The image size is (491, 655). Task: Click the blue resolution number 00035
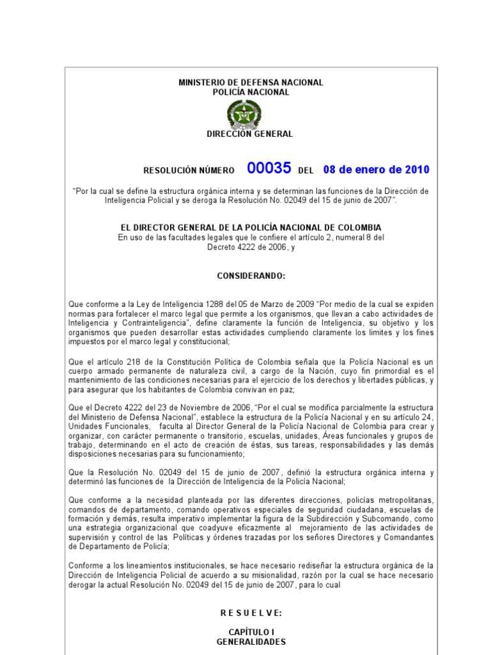269,168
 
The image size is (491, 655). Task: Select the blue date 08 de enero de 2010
376,170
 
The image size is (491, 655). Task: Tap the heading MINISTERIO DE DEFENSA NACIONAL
251,83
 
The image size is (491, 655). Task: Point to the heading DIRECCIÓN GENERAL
249,134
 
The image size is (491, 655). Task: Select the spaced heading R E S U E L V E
251,613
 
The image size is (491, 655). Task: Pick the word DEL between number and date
306,171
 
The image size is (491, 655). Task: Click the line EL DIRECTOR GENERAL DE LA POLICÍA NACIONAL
251,228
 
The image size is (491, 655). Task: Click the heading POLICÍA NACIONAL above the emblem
251,92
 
